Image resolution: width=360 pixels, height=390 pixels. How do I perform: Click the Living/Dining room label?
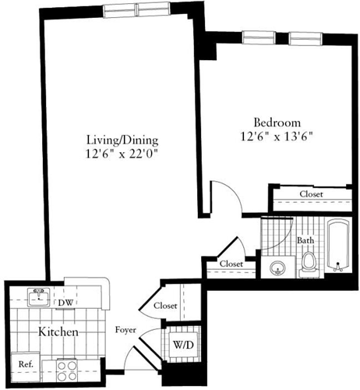click(x=122, y=140)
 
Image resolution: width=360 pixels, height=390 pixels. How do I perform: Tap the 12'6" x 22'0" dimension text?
click(x=122, y=155)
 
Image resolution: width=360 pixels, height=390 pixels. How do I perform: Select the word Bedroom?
click(x=277, y=122)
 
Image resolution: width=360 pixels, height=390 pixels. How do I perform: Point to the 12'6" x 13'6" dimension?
click(x=277, y=136)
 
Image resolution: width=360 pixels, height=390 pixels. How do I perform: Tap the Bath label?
click(x=305, y=241)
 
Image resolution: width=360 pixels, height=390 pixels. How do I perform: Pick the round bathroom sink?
click(x=277, y=270)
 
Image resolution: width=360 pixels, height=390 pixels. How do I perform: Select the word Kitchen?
click(x=58, y=332)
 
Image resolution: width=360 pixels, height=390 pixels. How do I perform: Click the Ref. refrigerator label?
click(x=26, y=364)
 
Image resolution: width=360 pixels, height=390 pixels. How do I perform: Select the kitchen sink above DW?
click(x=36, y=296)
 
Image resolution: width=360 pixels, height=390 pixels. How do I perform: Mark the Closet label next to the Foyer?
click(x=165, y=307)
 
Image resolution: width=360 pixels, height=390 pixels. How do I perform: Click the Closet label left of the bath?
click(x=230, y=264)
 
